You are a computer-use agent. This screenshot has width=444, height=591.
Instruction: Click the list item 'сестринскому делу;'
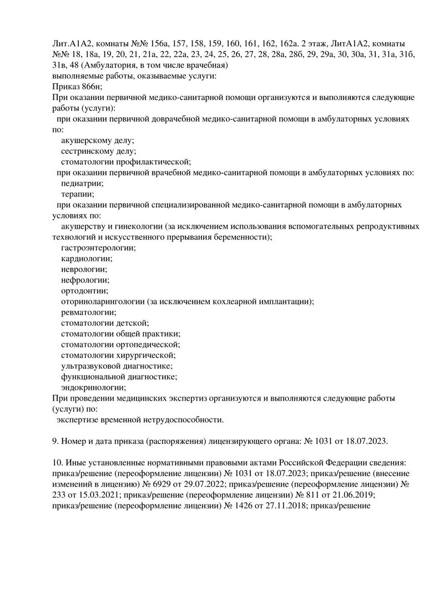pyautogui.click(x=98, y=151)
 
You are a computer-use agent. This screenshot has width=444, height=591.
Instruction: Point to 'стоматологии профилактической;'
pyautogui.click(x=126, y=162)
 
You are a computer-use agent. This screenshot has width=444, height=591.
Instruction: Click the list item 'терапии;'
pyautogui.click(x=78, y=194)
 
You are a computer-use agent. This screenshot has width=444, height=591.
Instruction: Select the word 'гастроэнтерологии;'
pyautogui.click(x=98, y=248)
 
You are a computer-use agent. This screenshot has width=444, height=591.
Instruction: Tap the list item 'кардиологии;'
pyautogui.click(x=87, y=259)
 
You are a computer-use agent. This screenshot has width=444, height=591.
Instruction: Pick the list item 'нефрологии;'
pyautogui.click(x=85, y=280)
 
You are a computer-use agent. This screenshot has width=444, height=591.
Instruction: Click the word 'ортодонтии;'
pyautogui.click(x=84, y=291)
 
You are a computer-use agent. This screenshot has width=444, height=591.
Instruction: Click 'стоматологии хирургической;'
pyautogui.click(x=119, y=355)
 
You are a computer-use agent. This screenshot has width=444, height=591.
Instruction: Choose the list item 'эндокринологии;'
pyautogui.click(x=93, y=387)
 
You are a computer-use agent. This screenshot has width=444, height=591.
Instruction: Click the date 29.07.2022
pyautogui.click(x=190, y=484)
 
